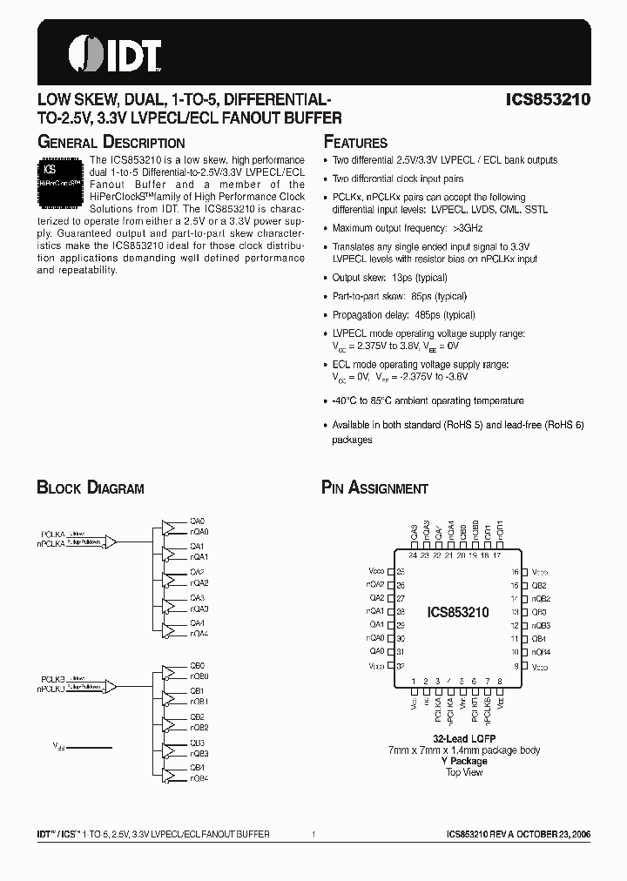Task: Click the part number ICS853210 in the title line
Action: tap(548, 100)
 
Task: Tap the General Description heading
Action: tap(111, 143)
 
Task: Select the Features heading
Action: tap(355, 143)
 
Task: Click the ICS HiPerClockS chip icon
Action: tap(61, 179)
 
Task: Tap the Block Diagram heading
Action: tap(90, 488)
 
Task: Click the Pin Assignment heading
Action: tap(374, 488)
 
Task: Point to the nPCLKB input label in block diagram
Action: tap(51, 689)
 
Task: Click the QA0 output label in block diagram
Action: tap(198, 521)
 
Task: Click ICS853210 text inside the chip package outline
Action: tap(458, 613)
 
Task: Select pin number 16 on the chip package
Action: tap(515, 572)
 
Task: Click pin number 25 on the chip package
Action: tap(401, 572)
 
